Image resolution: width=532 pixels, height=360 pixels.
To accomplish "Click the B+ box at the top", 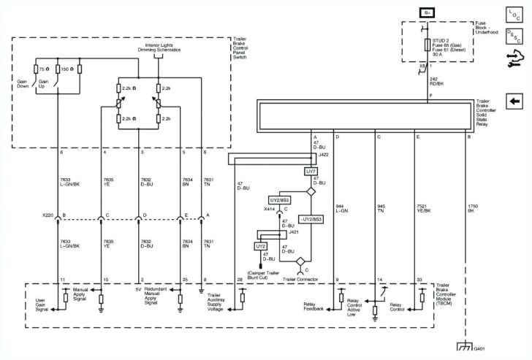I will (427, 12).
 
